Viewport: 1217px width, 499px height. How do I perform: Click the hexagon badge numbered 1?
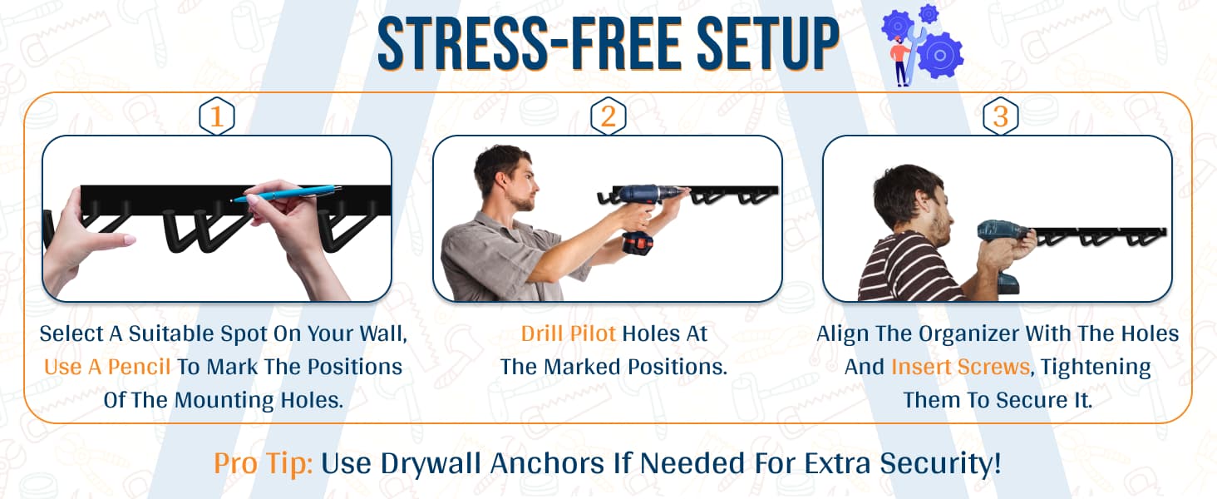[x=217, y=116]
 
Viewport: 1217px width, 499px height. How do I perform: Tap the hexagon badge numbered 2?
[x=608, y=116]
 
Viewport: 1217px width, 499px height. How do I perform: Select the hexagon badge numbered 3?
[x=1001, y=116]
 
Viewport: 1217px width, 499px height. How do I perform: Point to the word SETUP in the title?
[x=768, y=43]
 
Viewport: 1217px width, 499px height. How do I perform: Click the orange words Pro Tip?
[x=263, y=464]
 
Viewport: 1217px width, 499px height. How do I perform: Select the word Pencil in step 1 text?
[x=139, y=367]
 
